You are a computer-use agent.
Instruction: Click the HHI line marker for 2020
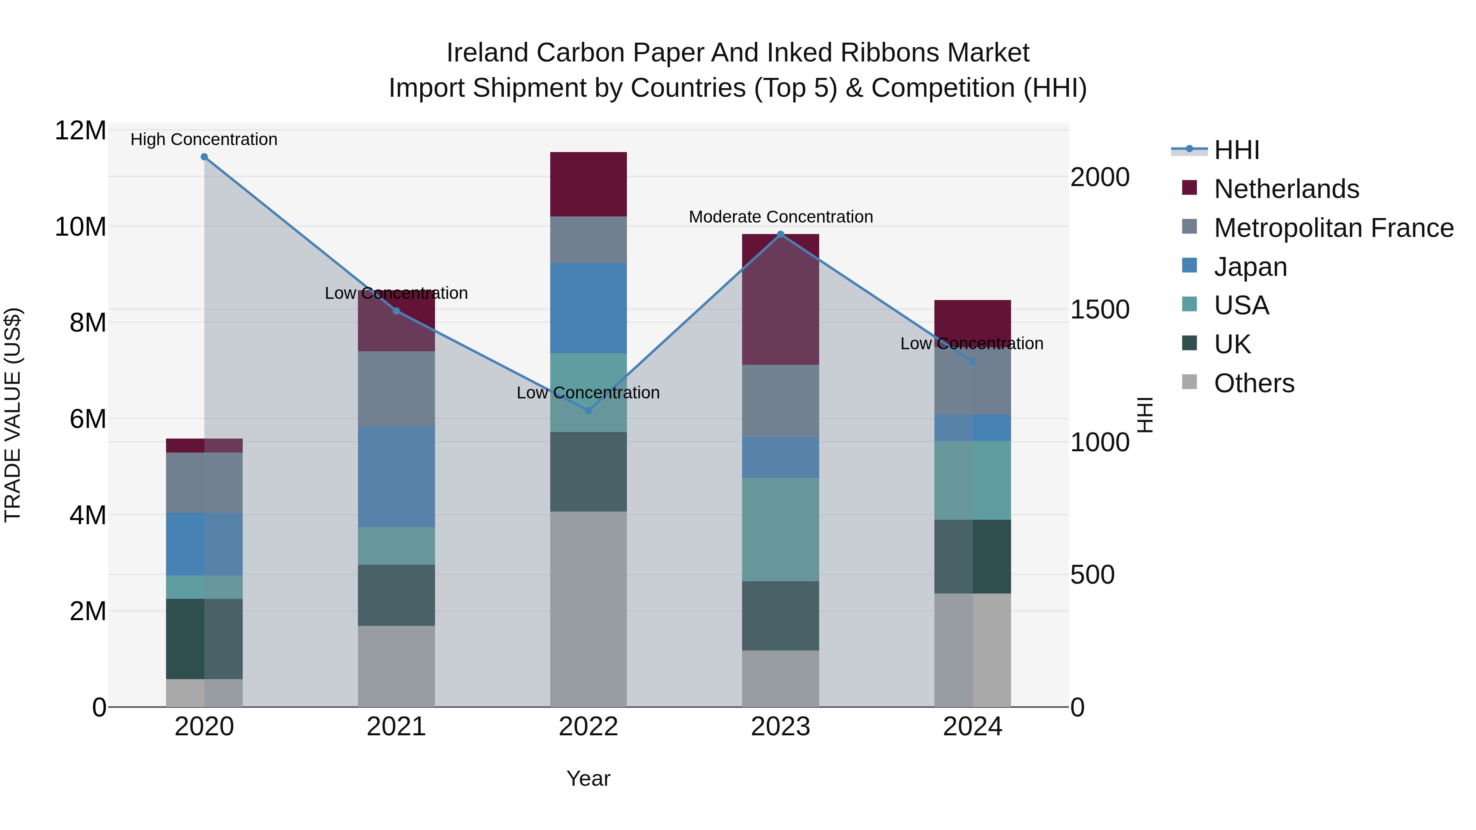[204, 157]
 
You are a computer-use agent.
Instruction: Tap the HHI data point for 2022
[588, 411]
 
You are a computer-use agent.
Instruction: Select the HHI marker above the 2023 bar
[780, 234]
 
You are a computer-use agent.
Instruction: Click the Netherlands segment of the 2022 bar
[588, 184]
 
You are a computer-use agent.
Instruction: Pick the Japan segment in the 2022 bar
[588, 308]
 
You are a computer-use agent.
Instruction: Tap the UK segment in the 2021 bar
[396, 595]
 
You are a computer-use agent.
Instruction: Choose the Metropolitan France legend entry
[1333, 228]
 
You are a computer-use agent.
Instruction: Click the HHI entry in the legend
[1237, 150]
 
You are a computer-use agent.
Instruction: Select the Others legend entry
[1254, 383]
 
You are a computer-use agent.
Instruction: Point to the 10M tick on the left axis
[80, 227]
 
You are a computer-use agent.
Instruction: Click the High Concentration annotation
[204, 139]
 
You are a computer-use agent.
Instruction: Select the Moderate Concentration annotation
[780, 217]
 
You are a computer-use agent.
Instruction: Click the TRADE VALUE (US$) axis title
[13, 415]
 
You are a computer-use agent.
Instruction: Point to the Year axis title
[588, 778]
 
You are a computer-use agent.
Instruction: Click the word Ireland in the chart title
[487, 53]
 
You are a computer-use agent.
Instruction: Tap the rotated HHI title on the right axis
[1144, 415]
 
